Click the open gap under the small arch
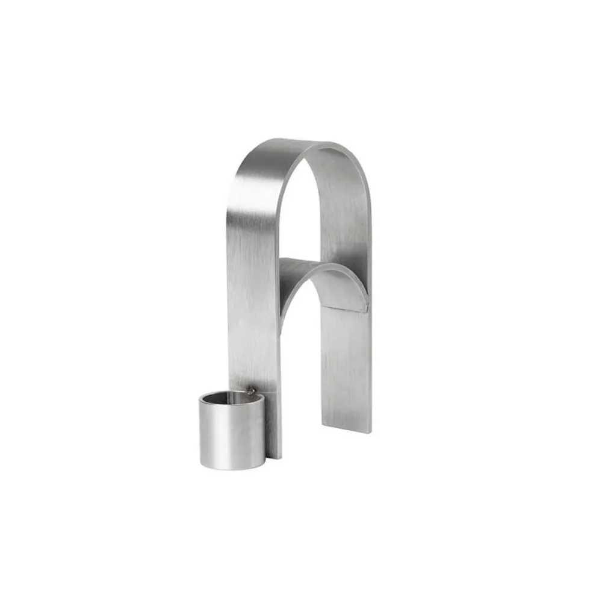(x=298, y=361)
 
